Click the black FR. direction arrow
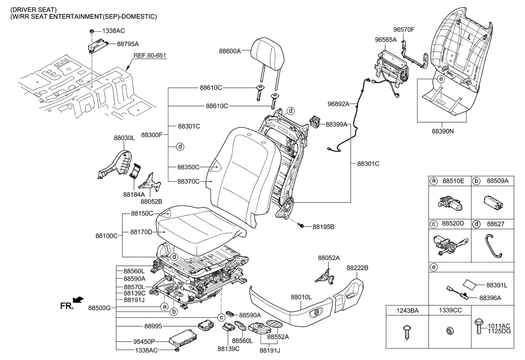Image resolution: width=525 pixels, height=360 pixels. point(77,300)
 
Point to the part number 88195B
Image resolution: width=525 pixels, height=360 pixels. point(323,227)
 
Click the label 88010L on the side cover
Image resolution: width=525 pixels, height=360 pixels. point(301,297)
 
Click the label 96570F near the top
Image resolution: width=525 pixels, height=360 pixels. point(404,30)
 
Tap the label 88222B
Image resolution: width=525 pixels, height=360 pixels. point(357,267)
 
